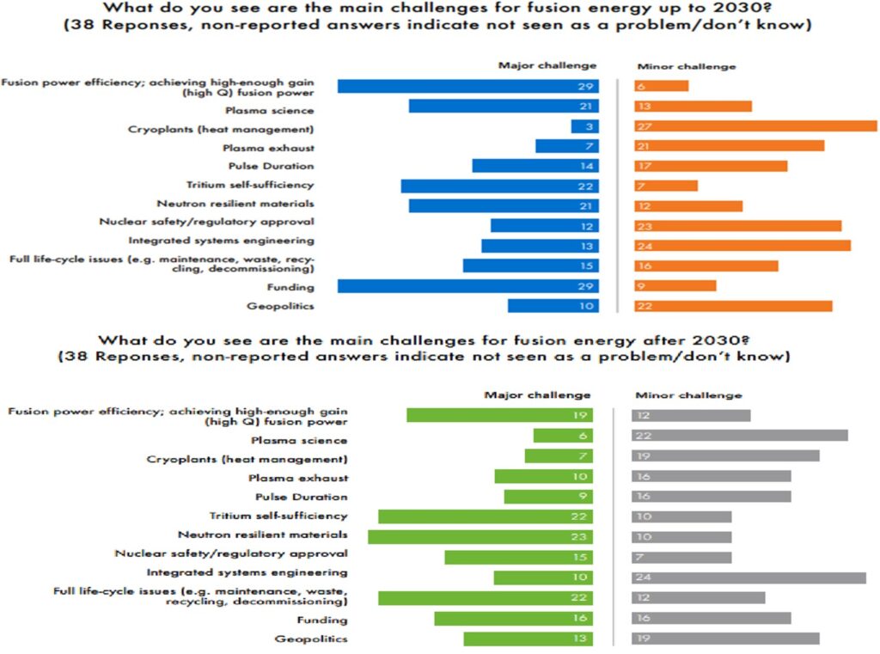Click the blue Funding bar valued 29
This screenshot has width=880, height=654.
coord(467,285)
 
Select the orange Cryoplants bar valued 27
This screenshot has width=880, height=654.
coord(755,126)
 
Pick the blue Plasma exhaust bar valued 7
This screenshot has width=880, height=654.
coord(566,146)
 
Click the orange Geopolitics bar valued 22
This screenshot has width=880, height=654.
coord(733,306)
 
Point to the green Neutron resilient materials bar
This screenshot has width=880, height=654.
coord(480,536)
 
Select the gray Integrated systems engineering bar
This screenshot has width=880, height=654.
coord(749,578)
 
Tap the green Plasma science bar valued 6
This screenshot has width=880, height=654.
coord(562,436)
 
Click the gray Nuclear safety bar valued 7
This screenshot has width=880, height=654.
coord(681,557)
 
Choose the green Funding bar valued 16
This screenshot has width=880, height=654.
coord(513,619)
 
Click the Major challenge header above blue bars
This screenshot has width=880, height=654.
coord(547,66)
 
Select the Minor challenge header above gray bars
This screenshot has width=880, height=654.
coord(687,395)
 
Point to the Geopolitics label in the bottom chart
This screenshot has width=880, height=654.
coord(311,639)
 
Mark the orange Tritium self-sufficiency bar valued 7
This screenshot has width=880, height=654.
coord(666,186)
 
